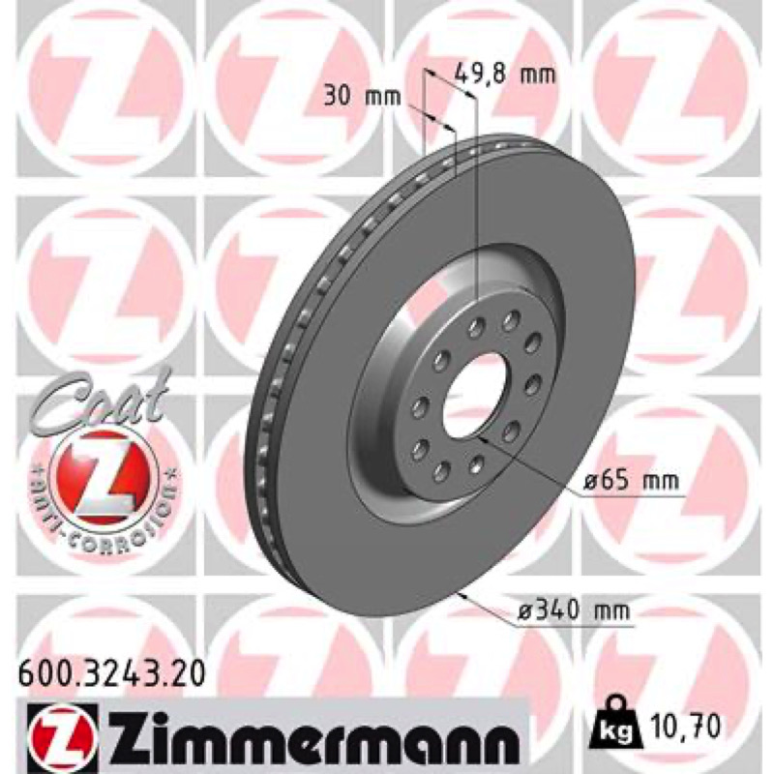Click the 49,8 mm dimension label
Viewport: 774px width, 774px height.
(504, 74)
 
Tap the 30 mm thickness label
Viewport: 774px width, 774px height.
(362, 97)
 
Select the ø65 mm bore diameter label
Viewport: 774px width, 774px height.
(633, 479)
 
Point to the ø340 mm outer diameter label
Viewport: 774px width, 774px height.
(575, 611)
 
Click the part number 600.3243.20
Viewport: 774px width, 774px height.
(111, 673)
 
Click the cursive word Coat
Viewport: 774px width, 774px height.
(103, 399)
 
